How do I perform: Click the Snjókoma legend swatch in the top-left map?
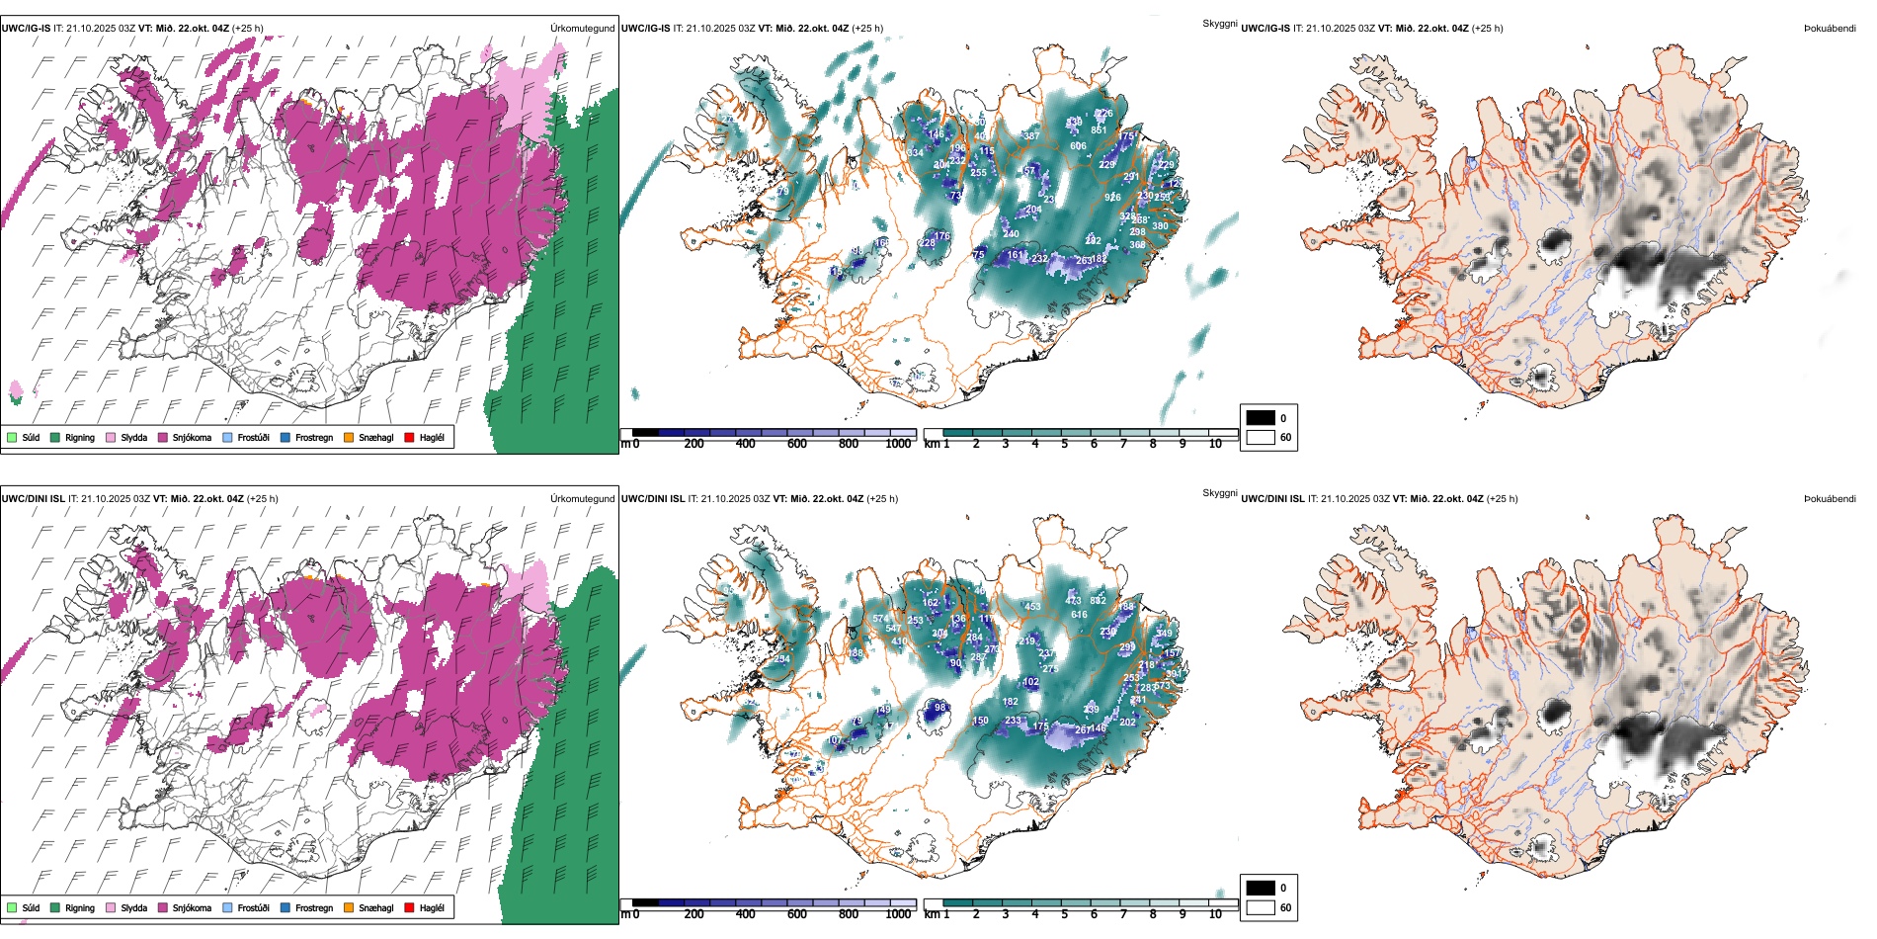(163, 437)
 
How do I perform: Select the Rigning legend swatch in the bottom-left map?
(55, 907)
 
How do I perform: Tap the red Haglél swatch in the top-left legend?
(409, 437)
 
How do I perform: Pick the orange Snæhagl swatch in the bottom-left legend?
(349, 907)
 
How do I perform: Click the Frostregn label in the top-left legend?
(314, 437)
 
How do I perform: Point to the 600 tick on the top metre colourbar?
(797, 444)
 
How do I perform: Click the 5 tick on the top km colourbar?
(1064, 444)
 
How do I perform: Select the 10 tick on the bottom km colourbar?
(1215, 914)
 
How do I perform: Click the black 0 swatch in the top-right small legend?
(1261, 418)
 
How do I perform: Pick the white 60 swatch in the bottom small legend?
(1261, 907)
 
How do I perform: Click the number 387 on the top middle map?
(1031, 136)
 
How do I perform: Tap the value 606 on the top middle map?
(1078, 146)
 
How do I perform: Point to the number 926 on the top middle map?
(1112, 198)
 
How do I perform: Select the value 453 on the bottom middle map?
(1032, 607)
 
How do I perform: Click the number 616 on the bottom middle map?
(1079, 615)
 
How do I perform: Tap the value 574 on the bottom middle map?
(881, 620)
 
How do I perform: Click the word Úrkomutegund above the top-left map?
(582, 29)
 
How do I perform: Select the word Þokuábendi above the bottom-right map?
(1830, 499)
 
